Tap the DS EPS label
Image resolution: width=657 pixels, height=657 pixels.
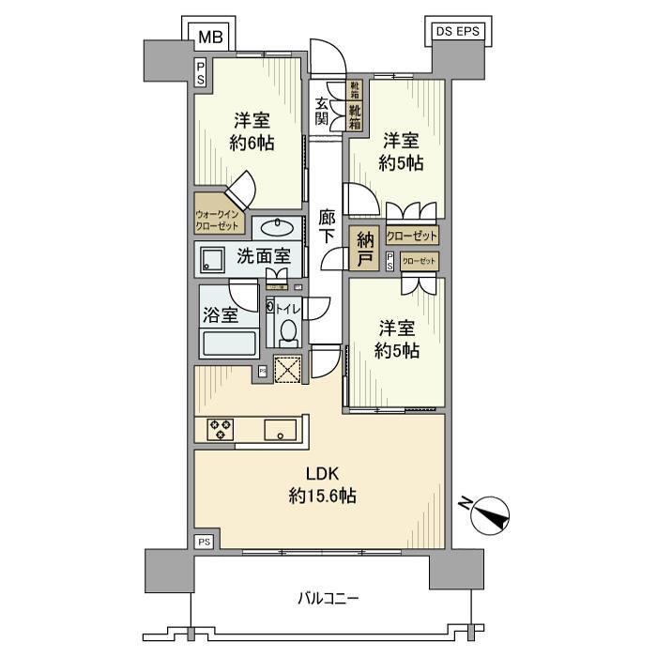click(455, 31)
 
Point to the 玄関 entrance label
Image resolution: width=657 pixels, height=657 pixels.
click(322, 112)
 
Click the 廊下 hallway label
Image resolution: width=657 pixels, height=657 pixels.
click(327, 226)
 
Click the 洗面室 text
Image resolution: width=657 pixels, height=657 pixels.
click(263, 256)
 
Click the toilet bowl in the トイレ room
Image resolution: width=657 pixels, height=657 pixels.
click(289, 331)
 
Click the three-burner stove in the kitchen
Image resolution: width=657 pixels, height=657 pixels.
click(221, 429)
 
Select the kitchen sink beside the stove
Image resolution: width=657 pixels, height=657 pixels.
click(280, 430)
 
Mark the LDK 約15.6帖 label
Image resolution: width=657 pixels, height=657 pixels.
click(319, 486)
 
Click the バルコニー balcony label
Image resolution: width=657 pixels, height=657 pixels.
click(328, 598)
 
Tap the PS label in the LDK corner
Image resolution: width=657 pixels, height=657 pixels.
click(204, 542)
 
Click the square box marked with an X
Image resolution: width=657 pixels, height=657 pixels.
click(286, 370)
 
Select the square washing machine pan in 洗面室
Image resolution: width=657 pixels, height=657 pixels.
click(211, 260)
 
